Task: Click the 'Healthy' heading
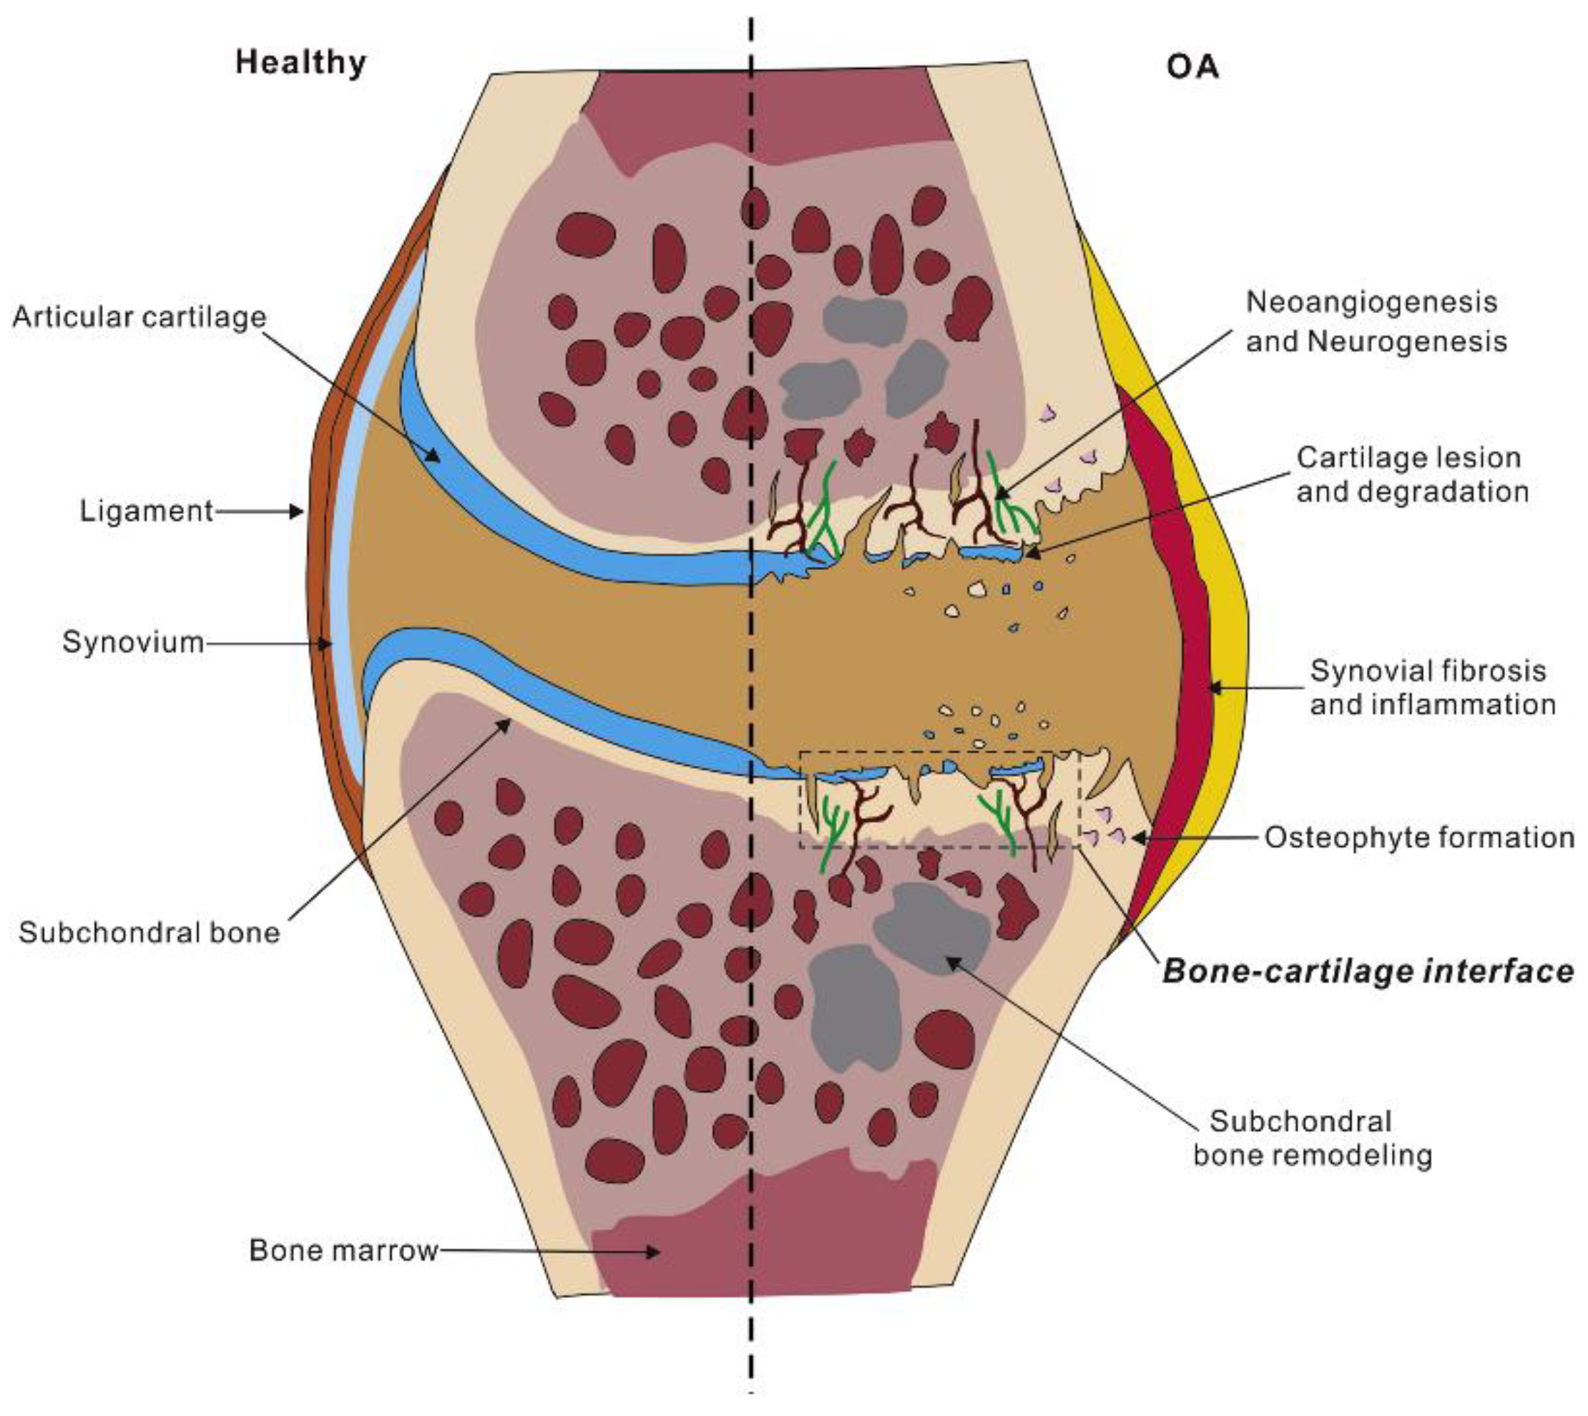300,62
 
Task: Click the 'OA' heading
1192,67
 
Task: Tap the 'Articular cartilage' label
139,318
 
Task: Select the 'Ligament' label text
146,511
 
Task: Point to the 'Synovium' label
133,643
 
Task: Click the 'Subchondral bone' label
150,932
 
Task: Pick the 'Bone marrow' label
343,1250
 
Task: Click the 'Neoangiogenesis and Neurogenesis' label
1376,322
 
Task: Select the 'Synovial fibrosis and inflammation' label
1432,688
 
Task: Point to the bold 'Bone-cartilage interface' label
1368,971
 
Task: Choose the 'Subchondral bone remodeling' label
1313,1139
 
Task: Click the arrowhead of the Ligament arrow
298,511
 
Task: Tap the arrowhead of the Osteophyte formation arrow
1137,838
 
